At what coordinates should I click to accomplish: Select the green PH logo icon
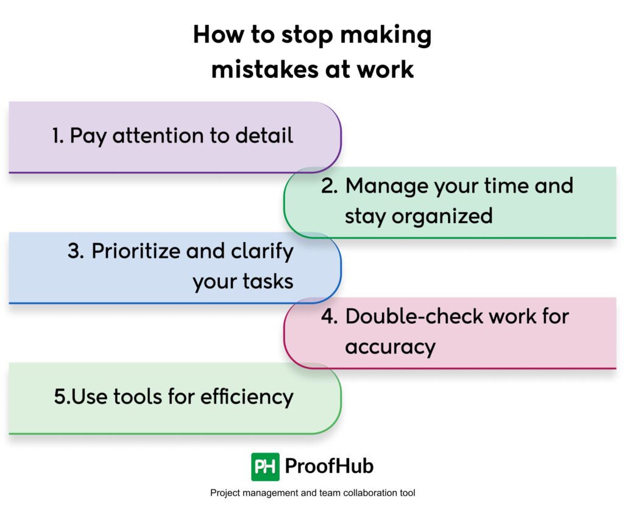point(265,467)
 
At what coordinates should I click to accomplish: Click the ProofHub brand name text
point(329,467)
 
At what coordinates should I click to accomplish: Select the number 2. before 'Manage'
point(330,186)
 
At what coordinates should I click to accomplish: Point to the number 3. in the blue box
point(76,251)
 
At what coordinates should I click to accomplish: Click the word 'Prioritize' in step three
point(135,251)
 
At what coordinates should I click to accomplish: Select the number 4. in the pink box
point(330,316)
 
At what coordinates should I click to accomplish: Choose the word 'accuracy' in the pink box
point(390,347)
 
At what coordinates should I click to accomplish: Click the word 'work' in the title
point(385,69)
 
